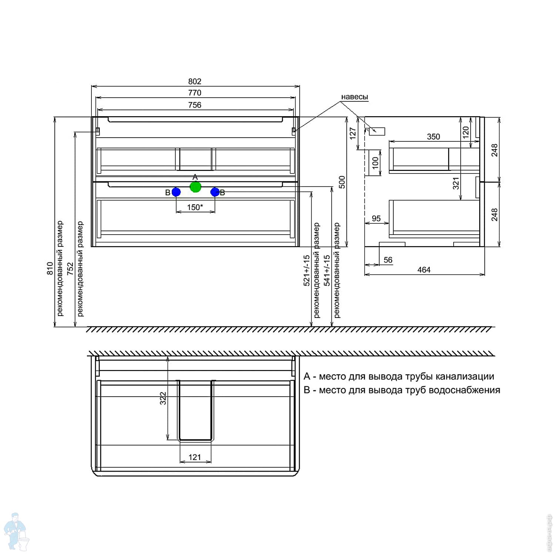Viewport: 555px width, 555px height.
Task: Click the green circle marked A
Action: [195, 187]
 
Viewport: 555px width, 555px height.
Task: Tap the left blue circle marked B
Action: [176, 192]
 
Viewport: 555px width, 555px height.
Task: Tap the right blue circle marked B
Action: [215, 192]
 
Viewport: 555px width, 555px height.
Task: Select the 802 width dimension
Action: [195, 81]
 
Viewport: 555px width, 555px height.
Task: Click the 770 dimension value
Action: [195, 93]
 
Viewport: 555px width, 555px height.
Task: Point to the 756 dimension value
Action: [195, 105]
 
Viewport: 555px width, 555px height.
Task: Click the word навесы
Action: [354, 97]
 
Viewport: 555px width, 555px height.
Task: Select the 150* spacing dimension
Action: [195, 207]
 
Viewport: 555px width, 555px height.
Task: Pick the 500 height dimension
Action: [342, 182]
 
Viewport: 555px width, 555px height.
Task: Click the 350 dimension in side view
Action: [433, 137]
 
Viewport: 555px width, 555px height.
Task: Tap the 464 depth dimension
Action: [424, 270]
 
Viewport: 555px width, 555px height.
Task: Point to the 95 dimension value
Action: [376, 218]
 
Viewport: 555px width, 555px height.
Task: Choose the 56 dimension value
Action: [388, 260]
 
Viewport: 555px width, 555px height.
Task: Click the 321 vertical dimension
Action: [456, 183]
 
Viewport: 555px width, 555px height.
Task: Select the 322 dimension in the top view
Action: [163, 398]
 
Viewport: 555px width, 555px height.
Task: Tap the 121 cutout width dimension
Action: [195, 457]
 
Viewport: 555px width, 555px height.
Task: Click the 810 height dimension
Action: [50, 268]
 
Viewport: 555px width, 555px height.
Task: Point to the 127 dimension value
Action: [353, 133]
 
